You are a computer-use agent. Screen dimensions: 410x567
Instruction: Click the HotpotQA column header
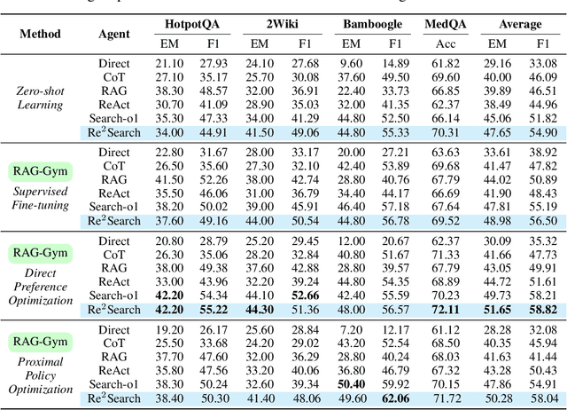coord(203,24)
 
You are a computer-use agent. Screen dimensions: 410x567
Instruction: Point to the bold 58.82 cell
coord(541,310)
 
